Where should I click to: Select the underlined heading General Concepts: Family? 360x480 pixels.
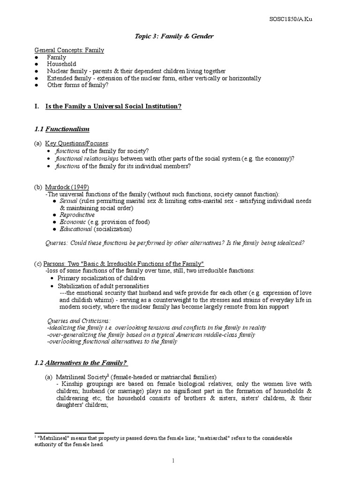point(69,50)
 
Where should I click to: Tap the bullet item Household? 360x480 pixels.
point(61,64)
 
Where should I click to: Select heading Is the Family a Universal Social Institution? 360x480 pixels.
point(113,106)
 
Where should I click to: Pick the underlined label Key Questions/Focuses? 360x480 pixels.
point(77,143)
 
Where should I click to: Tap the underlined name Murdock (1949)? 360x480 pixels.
point(67,187)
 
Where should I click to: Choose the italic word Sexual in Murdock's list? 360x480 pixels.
point(69,201)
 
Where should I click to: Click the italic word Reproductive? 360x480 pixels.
point(77,215)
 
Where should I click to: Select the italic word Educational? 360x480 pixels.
point(75,229)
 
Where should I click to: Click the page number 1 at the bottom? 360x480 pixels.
point(173,461)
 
